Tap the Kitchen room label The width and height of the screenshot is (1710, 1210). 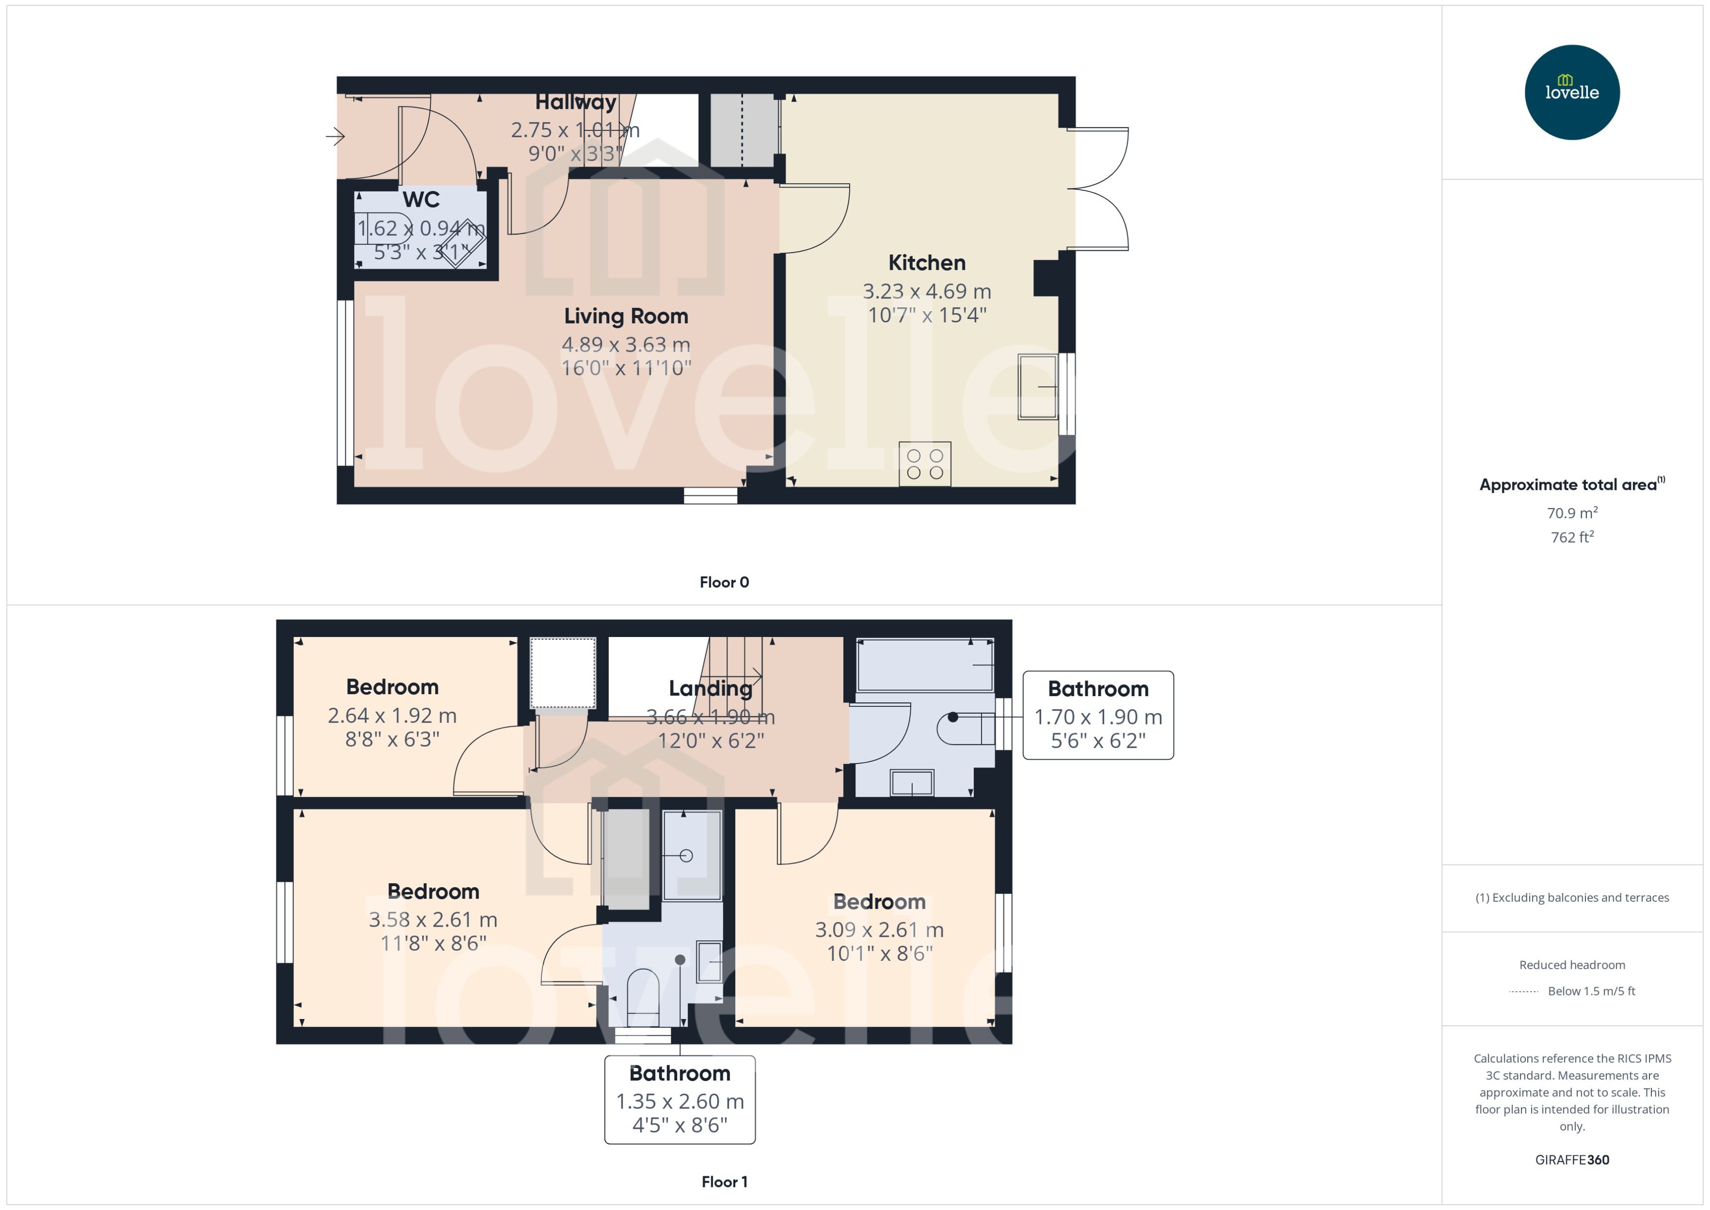[x=926, y=262]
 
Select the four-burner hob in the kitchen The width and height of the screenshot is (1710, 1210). [x=925, y=464]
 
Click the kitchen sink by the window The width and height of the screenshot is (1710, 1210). [x=1037, y=387]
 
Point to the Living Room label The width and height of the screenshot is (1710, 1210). [x=625, y=316]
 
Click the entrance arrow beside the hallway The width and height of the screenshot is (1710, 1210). [x=335, y=136]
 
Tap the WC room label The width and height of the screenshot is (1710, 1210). [x=421, y=200]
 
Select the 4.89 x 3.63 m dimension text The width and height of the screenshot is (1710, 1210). [x=625, y=344]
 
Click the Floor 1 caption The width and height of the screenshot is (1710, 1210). [x=724, y=1182]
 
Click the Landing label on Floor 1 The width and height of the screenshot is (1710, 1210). [x=710, y=688]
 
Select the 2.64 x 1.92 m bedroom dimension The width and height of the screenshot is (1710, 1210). [x=392, y=715]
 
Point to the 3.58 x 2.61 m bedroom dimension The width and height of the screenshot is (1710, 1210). [x=433, y=919]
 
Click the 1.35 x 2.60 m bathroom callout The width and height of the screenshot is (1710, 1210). [x=680, y=1101]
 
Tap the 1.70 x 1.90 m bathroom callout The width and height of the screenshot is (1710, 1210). [x=1097, y=716]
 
